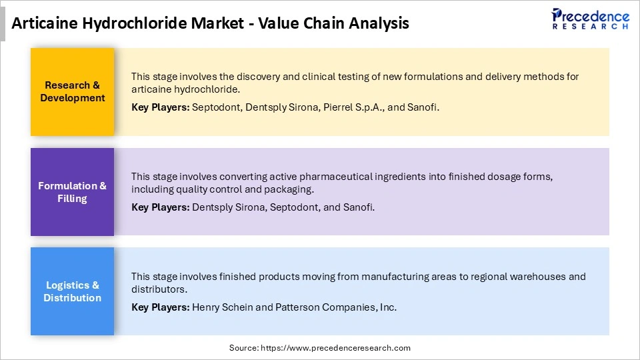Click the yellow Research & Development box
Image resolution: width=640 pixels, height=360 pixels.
point(73,91)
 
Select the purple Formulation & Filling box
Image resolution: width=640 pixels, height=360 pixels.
point(73,192)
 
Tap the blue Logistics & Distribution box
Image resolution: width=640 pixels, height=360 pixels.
point(73,291)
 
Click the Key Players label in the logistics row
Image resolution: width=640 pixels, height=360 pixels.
point(160,307)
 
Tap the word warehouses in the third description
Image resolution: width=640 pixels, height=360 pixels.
point(526,276)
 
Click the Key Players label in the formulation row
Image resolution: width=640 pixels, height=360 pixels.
point(160,207)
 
